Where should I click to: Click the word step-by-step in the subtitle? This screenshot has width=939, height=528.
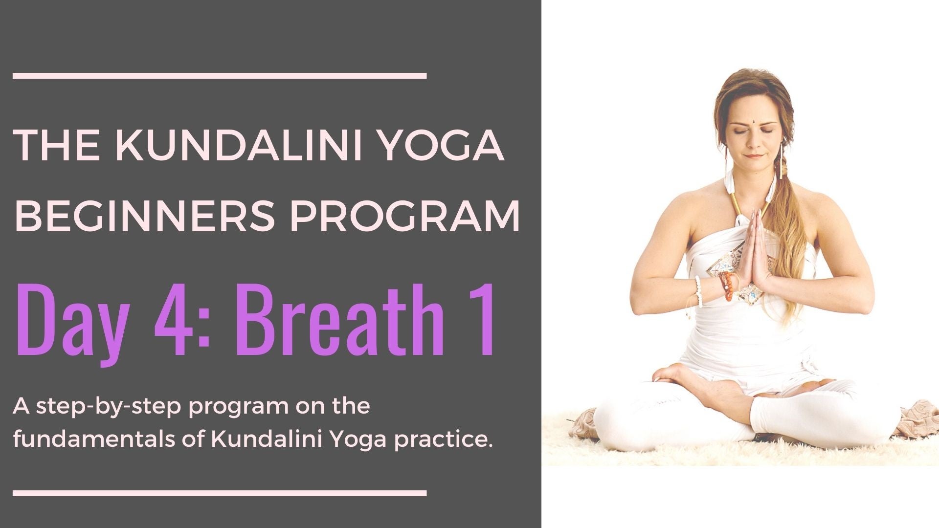(x=109, y=407)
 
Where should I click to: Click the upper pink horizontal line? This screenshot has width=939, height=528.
(x=220, y=76)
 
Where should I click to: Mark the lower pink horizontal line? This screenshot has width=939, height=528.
(x=220, y=493)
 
